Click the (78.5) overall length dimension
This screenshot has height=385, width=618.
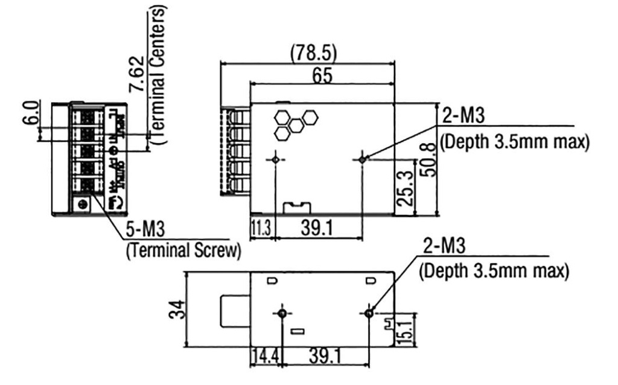pos(313,53)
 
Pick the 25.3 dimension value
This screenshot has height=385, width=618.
pos(406,187)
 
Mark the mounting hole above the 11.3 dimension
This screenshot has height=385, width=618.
pos(275,160)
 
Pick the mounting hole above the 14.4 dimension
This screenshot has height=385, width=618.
pos(282,314)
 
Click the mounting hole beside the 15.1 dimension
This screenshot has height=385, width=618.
pos(369,313)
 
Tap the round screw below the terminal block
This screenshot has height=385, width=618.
pos(81,204)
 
